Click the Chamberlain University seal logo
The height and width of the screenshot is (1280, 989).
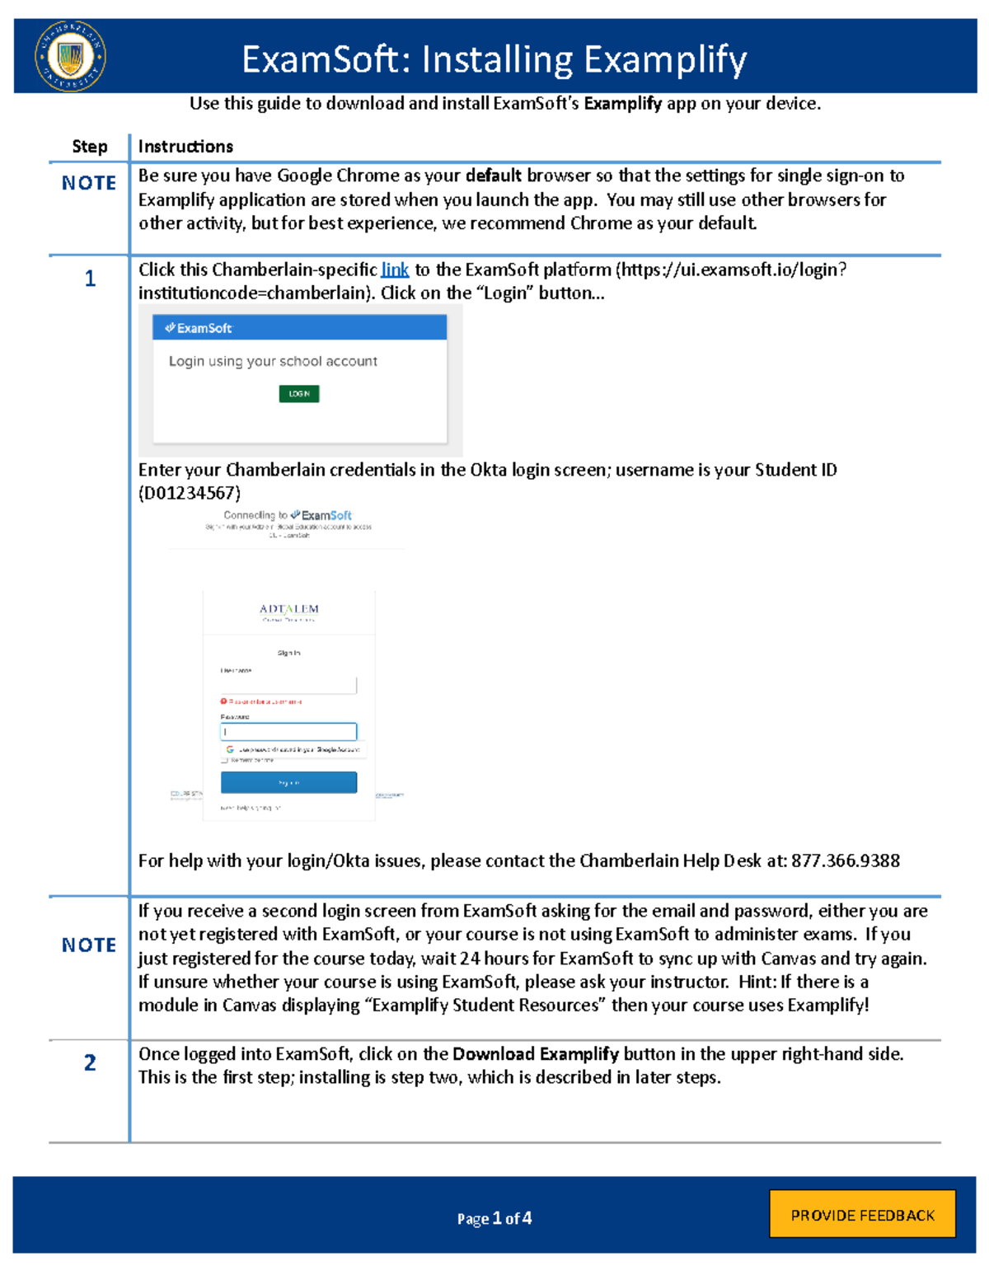tap(70, 56)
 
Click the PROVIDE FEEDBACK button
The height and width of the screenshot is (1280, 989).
tap(862, 1214)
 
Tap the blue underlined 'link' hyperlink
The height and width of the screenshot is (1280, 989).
tap(395, 270)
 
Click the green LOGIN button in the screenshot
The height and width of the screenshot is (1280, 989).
tap(298, 394)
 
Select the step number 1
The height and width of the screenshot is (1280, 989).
tap(90, 279)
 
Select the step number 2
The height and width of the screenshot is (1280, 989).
tap(90, 1062)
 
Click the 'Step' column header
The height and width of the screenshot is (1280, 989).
tap(89, 147)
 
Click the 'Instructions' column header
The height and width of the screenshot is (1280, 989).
tap(185, 147)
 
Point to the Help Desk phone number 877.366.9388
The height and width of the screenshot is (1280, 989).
tap(845, 860)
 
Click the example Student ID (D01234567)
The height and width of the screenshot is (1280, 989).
tap(190, 493)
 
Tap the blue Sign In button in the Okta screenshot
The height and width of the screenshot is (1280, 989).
tap(288, 782)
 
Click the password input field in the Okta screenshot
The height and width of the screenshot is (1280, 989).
tap(288, 731)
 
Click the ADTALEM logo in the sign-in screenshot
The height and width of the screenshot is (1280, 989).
tap(288, 609)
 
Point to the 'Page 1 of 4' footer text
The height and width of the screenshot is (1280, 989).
tap(494, 1218)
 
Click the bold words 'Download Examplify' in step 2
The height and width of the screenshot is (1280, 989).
tap(535, 1054)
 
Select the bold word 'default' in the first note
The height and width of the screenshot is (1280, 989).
tap(493, 176)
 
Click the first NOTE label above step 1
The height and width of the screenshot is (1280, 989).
tap(89, 183)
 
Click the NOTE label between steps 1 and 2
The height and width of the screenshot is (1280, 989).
tap(89, 945)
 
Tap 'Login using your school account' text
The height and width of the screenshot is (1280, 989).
tap(273, 361)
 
